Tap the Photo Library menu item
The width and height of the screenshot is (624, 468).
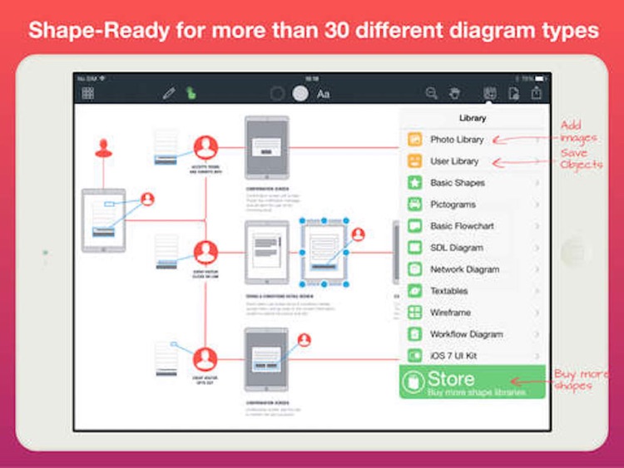pyautogui.click(x=457, y=140)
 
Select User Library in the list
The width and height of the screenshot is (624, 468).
pyautogui.click(x=454, y=161)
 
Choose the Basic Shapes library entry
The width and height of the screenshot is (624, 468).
pyautogui.click(x=458, y=183)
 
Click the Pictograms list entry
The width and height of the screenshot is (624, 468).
pyautogui.click(x=453, y=204)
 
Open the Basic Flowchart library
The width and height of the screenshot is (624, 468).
pyautogui.click(x=462, y=226)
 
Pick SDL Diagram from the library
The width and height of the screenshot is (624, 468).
pyautogui.click(x=457, y=248)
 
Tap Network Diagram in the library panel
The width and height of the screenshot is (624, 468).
pyautogui.click(x=464, y=269)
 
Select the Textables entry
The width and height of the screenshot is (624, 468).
pyautogui.click(x=449, y=291)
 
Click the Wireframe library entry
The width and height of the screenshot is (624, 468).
pyautogui.click(x=450, y=313)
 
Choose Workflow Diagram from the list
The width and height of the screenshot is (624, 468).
pyautogui.click(x=466, y=334)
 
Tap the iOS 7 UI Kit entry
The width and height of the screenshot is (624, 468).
pyautogui.click(x=453, y=356)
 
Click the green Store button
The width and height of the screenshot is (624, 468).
pyautogui.click(x=472, y=382)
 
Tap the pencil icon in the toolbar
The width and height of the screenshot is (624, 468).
pyautogui.click(x=169, y=94)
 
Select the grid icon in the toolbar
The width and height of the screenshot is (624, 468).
pyautogui.click(x=87, y=94)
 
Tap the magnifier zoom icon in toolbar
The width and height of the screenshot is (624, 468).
pyautogui.click(x=432, y=94)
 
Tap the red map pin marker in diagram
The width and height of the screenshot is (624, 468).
pyautogui.click(x=103, y=148)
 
